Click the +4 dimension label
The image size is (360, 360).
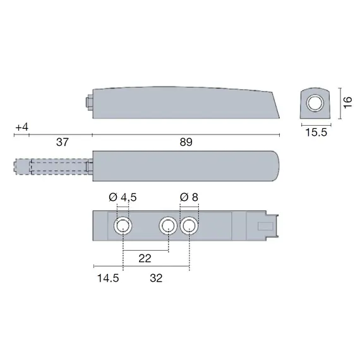pyautogui.click(x=22, y=127)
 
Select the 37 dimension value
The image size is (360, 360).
pyautogui.click(x=63, y=142)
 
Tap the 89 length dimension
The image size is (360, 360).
pyautogui.click(x=186, y=142)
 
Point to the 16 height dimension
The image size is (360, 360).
pyautogui.click(x=347, y=102)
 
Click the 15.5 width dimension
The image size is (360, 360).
pyautogui.click(x=316, y=133)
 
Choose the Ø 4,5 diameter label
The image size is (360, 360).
pyautogui.click(x=123, y=197)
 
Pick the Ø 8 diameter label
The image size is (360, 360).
pyautogui.click(x=189, y=197)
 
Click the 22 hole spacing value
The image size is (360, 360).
pyautogui.click(x=145, y=259)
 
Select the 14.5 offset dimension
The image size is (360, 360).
pyautogui.click(x=108, y=279)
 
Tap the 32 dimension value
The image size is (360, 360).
pyautogui.click(x=156, y=279)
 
